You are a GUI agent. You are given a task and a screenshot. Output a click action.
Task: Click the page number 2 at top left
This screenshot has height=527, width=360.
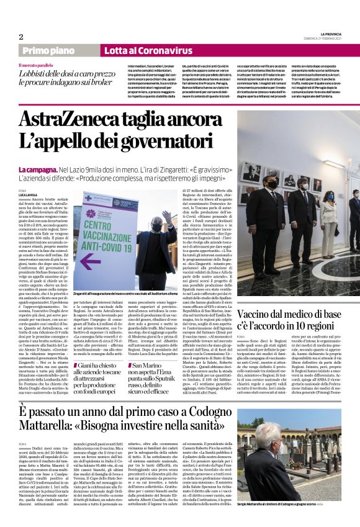tap(21, 37)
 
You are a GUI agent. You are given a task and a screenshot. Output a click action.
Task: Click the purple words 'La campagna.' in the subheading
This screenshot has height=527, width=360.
tap(38, 169)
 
